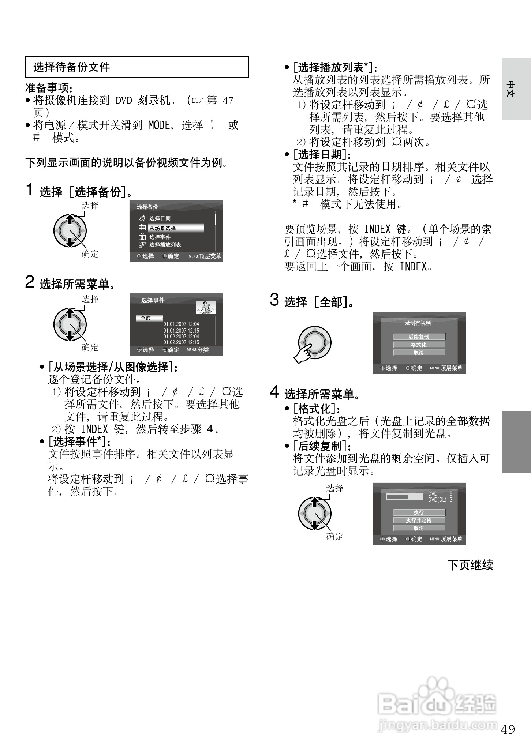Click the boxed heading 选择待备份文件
click(x=72, y=67)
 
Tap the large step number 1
click(x=30, y=189)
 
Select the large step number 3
click(x=274, y=300)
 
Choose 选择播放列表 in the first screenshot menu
click(x=165, y=245)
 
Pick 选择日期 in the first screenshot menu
click(x=160, y=218)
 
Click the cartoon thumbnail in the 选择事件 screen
click(x=206, y=307)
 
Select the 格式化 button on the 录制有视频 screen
click(x=419, y=345)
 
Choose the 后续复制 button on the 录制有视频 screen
click(x=419, y=337)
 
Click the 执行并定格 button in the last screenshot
click(x=419, y=520)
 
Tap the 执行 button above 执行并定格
click(x=419, y=512)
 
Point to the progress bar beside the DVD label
click(x=404, y=496)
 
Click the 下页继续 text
click(x=470, y=565)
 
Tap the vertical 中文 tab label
click(x=511, y=89)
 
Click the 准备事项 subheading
click(x=49, y=88)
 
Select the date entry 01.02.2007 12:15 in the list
click(x=181, y=342)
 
